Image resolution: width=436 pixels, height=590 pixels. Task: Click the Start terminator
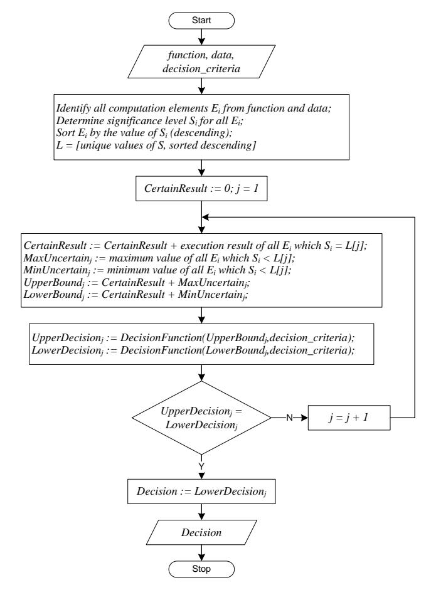click(201, 20)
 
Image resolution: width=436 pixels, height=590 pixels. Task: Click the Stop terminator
click(201, 569)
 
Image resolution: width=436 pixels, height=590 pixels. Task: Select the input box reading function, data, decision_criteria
click(201, 61)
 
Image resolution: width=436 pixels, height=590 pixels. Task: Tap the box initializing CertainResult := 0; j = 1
click(201, 189)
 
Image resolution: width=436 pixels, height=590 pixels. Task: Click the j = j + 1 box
click(349, 418)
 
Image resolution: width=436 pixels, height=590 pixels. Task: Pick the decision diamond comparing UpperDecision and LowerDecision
click(201, 418)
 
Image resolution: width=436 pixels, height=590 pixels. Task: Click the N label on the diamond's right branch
click(290, 418)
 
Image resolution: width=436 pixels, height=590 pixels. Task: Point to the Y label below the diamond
click(201, 466)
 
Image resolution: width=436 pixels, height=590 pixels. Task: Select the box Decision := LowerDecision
click(201, 492)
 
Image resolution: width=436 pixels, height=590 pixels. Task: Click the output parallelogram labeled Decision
click(201, 532)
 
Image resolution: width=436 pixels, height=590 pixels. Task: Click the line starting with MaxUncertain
click(159, 258)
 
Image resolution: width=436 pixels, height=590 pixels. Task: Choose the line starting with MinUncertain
click(157, 270)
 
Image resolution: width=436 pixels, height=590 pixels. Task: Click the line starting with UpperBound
click(137, 283)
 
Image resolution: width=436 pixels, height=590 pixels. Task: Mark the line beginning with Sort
click(144, 133)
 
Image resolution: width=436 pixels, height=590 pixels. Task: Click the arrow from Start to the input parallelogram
click(201, 37)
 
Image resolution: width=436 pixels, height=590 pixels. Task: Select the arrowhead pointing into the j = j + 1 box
click(304, 418)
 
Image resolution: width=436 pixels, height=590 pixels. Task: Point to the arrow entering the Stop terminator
click(201, 553)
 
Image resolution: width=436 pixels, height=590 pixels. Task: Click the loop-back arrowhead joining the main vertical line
click(206, 217)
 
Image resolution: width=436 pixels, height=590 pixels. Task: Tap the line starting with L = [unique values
click(156, 145)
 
